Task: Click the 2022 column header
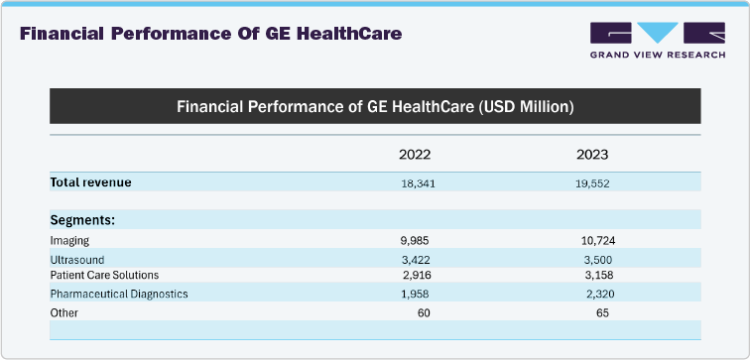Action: [415, 155]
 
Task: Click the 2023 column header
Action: [592, 155]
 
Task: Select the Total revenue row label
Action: [90, 182]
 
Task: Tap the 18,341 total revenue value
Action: [418, 183]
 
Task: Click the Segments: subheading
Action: [83, 219]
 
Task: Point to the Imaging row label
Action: [69, 240]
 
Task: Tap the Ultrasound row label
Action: [76, 258]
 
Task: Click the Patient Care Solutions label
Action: [104, 275]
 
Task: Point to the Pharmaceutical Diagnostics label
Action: [118, 294]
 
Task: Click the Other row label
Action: [64, 312]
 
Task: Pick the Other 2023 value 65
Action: [601, 312]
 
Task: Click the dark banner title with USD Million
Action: [375, 105]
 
